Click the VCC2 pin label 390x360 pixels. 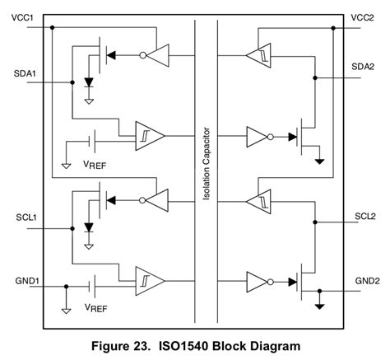click(x=362, y=16)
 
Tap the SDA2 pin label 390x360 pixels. click(x=362, y=66)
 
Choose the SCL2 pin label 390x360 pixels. click(x=362, y=216)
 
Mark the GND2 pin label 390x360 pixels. click(x=362, y=280)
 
